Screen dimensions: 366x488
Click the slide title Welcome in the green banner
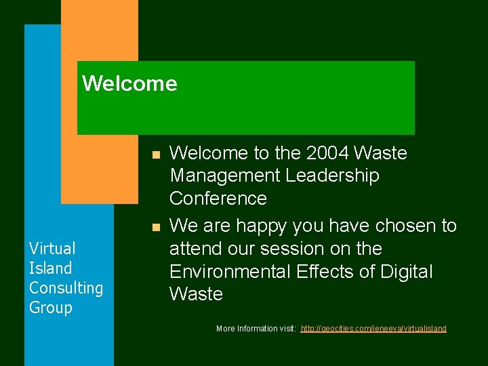click(129, 84)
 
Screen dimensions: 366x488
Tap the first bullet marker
click(155, 155)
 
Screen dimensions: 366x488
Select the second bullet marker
click(155, 227)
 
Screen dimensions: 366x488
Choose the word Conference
click(218, 199)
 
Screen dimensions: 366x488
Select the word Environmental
click(230, 272)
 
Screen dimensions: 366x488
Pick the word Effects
click(331, 272)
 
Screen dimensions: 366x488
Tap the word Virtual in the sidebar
click(52, 249)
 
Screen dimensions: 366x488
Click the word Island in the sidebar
click(50, 268)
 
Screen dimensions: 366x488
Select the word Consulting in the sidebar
click(66, 288)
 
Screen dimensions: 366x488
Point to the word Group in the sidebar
click(50, 308)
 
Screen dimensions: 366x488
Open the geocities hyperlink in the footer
click(373, 329)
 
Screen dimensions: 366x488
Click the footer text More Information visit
click(255, 329)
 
